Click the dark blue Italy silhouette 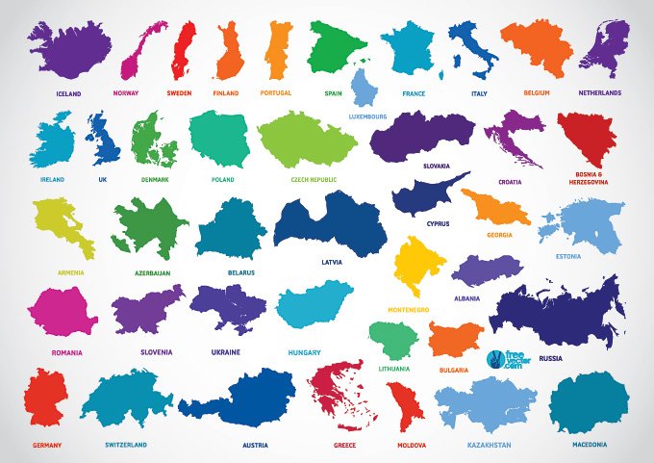pos(471,48)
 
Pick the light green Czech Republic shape pos(307,140)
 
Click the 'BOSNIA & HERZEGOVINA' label pos(589,178)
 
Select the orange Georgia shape pos(494,207)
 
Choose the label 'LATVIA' pos(332,261)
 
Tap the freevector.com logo pos(508,357)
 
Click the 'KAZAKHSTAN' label pos(489,445)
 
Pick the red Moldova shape pos(407,405)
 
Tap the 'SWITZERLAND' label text pos(126,445)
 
